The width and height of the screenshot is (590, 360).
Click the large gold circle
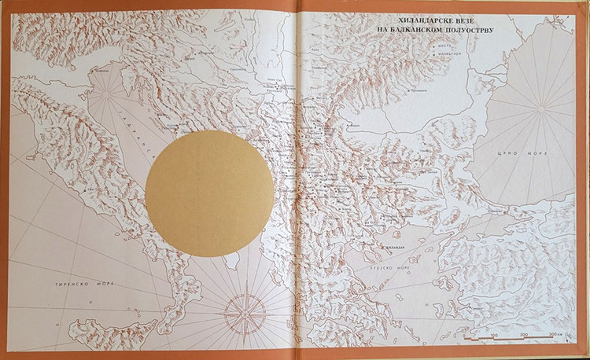click(209, 193)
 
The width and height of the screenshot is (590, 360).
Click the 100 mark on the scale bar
click(492, 336)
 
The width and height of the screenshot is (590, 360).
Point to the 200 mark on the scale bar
click(522, 336)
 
